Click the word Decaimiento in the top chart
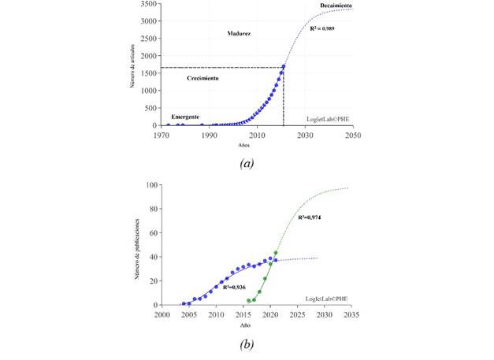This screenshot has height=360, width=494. coord(336,7)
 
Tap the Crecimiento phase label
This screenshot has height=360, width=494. coord(203,79)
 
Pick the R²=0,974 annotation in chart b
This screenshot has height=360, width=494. coord(312,217)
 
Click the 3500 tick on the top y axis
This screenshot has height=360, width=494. coord(147,4)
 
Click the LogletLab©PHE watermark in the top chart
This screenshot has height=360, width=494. coord(329,119)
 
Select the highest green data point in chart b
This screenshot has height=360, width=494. coord(276,253)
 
